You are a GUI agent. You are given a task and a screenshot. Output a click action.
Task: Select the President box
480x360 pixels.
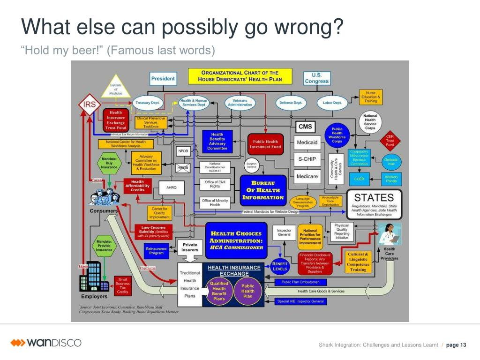pos(163,78)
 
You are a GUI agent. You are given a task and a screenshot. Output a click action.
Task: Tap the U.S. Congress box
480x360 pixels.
pos(317,78)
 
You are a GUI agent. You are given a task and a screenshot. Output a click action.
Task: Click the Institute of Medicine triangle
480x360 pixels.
pos(116,88)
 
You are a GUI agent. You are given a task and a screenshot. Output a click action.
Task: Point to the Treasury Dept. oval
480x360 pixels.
pos(148,103)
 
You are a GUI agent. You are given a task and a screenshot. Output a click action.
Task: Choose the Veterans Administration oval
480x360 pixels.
pos(240,102)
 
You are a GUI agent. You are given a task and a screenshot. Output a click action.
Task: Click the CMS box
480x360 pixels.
pos(305,127)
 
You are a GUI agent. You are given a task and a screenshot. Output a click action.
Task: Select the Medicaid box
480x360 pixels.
pos(307,142)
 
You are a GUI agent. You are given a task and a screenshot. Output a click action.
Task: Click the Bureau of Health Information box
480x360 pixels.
pos(262,190)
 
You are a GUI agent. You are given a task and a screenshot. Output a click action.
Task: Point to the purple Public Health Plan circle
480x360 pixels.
pos(248,291)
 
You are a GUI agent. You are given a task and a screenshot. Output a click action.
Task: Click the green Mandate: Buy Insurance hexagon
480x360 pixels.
pos(109,163)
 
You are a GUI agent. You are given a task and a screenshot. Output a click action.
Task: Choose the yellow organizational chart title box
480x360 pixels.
pos(240,76)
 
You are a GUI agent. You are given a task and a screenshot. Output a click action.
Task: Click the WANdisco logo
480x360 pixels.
pos(46,343)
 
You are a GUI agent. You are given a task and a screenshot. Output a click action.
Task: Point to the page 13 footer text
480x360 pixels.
pos(456,345)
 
